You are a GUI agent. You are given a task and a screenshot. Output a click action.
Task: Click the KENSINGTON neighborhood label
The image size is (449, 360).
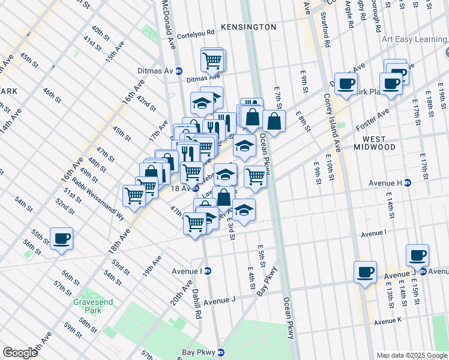[x=248, y=27]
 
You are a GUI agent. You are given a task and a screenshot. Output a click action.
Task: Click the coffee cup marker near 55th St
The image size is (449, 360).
[x=61, y=238]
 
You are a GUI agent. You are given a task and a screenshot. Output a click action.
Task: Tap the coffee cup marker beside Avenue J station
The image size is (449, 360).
[x=417, y=255]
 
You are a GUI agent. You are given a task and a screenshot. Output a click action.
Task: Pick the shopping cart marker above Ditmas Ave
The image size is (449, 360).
[x=212, y=59]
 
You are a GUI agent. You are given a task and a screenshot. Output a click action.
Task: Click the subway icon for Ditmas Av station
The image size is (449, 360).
[x=179, y=71]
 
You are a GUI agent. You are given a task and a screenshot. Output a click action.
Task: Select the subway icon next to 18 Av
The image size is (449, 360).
[x=196, y=188]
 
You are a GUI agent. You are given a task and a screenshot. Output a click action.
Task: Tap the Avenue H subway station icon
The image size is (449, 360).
[x=407, y=183]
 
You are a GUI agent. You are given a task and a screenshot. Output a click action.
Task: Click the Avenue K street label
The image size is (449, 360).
[x=388, y=322]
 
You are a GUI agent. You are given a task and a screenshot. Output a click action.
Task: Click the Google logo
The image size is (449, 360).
[x=20, y=353]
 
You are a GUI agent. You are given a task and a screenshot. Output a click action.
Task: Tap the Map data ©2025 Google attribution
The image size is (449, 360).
[x=411, y=355]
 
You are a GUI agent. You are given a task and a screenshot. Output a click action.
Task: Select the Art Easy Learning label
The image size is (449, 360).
[x=415, y=40]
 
